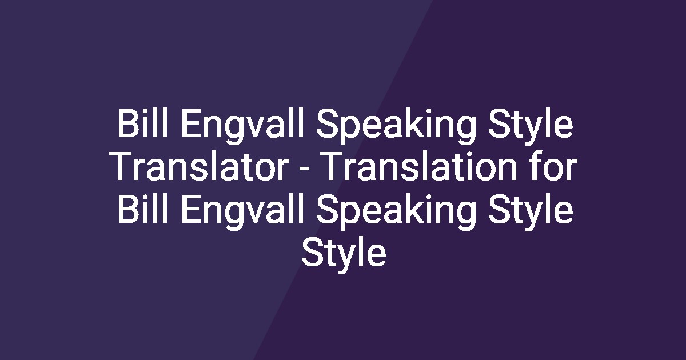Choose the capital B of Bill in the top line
click(127, 126)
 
